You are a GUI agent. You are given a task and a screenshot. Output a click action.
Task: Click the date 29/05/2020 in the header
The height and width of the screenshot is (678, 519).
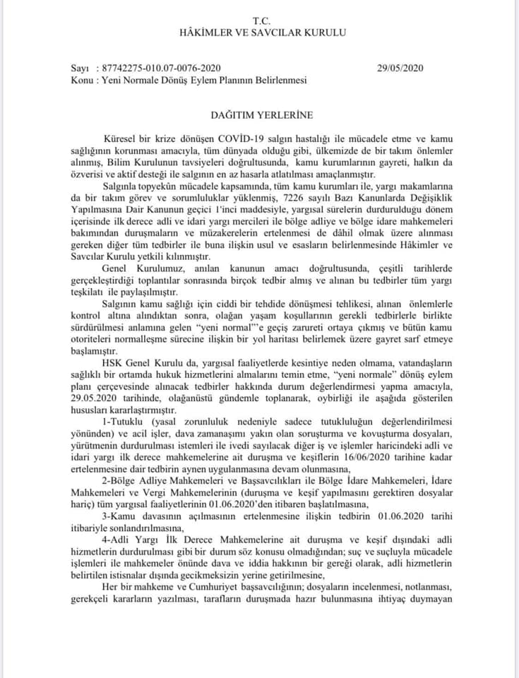[400, 69]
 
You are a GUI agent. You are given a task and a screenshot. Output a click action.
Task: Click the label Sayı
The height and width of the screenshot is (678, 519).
[80, 69]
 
